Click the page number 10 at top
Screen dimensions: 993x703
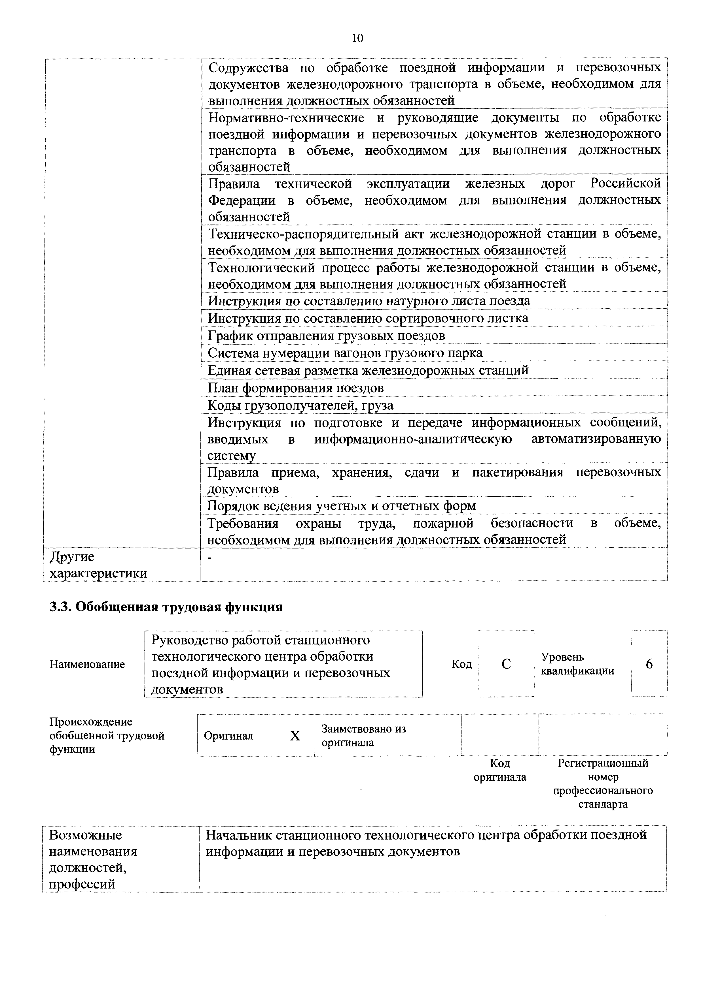point(357,39)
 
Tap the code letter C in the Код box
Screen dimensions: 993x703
point(506,664)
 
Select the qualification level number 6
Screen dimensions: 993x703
point(649,664)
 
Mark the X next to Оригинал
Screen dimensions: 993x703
point(295,736)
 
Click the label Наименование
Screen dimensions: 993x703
point(87,664)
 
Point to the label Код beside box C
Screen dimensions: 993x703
point(461,664)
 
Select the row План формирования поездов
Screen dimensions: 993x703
point(296,388)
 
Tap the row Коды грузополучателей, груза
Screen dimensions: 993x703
point(300,405)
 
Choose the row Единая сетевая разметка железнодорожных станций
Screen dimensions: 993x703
point(368,370)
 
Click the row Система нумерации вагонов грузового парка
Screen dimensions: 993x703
point(345,353)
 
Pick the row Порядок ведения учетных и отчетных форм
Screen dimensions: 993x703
point(342,506)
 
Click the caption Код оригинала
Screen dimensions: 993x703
point(500,770)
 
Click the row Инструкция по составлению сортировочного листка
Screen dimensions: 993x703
point(368,318)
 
